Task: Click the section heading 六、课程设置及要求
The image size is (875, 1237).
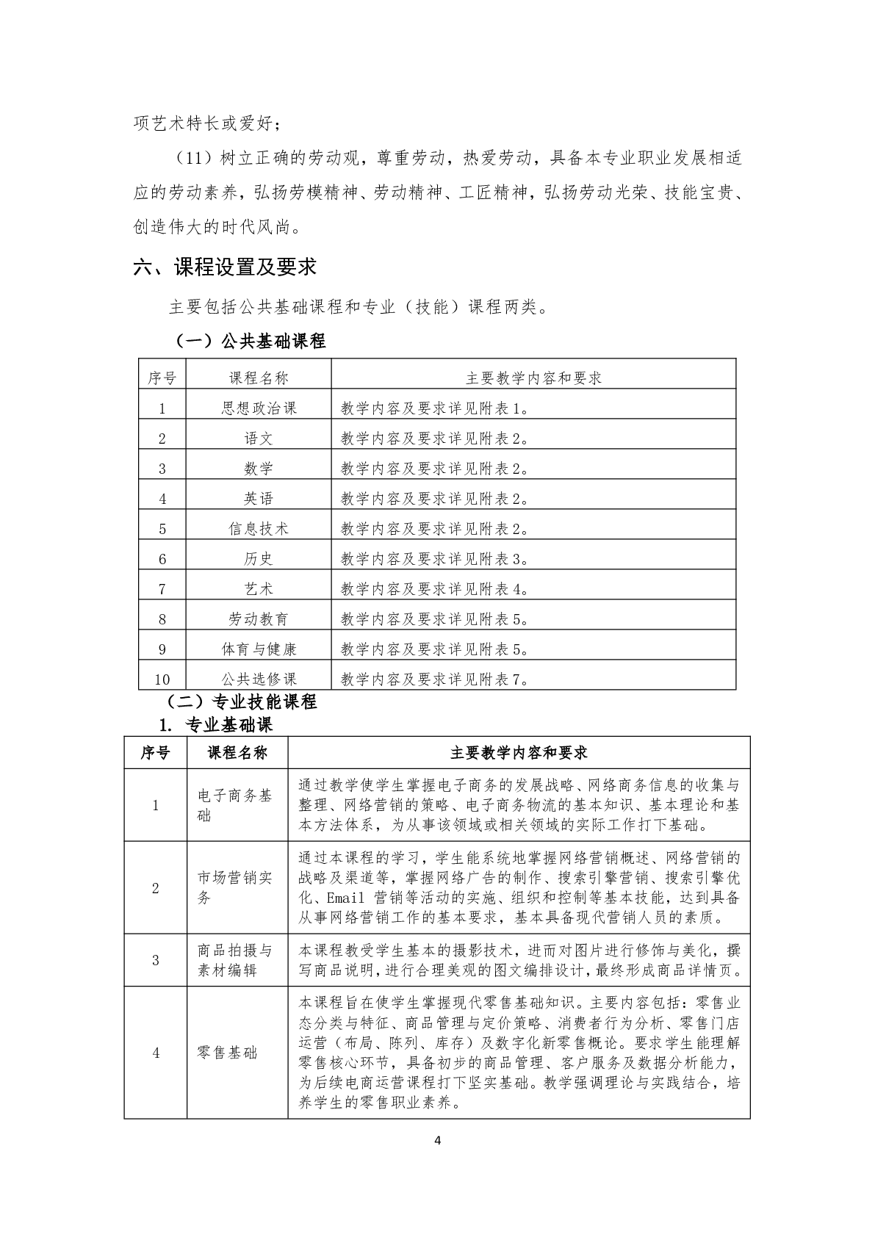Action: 225,267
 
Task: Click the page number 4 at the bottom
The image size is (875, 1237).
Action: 438,1161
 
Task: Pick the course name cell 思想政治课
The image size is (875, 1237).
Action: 259,408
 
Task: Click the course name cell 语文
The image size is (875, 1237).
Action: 259,439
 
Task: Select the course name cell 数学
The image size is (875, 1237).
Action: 259,469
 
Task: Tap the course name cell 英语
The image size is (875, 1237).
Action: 259,499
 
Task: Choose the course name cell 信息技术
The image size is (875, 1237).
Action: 259,529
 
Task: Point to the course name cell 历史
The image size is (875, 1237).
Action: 259,559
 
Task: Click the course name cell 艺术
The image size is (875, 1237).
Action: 259,589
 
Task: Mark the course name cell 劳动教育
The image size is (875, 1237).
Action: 259,619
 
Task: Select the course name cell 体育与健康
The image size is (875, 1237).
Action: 259,649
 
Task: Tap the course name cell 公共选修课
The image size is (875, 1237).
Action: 259,679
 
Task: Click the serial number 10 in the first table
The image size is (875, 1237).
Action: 162,679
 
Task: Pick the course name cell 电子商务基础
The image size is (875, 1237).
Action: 235,805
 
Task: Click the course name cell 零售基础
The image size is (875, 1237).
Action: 228,1053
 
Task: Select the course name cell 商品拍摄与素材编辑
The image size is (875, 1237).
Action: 235,960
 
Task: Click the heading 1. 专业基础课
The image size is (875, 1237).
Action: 215,725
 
